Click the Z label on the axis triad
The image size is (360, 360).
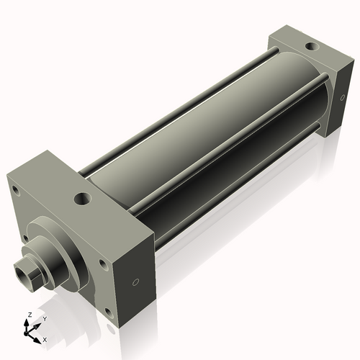click(x=27, y=315)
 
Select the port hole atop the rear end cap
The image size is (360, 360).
click(x=310, y=47)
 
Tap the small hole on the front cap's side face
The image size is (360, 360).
click(x=134, y=282)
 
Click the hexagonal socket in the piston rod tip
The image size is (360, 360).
click(x=25, y=272)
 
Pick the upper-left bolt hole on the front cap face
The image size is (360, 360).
click(x=14, y=191)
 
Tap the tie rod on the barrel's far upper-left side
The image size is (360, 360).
click(x=180, y=101)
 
